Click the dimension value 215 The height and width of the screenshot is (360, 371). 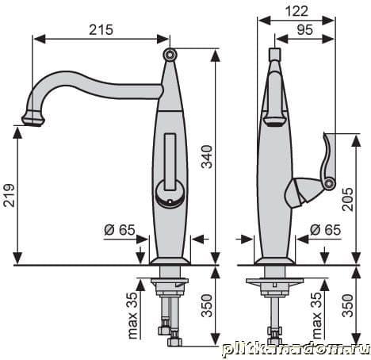pyautogui.click(x=101, y=29)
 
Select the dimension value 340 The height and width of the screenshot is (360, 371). pyautogui.click(x=207, y=157)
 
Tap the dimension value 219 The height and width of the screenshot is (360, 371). pyautogui.click(x=9, y=195)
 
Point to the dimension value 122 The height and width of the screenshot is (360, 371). pyautogui.click(x=296, y=11)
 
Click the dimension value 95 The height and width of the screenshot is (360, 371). pyautogui.click(x=305, y=29)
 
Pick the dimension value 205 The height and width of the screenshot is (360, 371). pyautogui.click(x=348, y=199)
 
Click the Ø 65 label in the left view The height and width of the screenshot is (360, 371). pyautogui.click(x=120, y=230)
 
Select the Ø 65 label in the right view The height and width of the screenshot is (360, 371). pyautogui.click(x=325, y=230)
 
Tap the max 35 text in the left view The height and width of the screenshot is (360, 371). pyautogui.click(x=133, y=315)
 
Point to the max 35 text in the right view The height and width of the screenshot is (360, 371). pyautogui.click(x=317, y=315)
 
